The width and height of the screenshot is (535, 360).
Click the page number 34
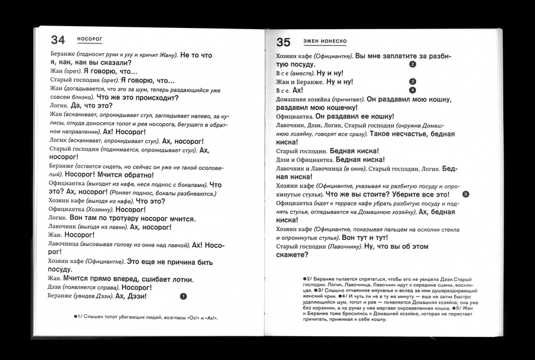tap(58, 40)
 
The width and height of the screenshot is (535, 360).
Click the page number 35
tap(283, 42)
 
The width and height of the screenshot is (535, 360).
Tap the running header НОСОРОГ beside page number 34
tap(90, 39)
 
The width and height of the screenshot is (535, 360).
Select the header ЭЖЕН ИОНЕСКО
tap(325, 41)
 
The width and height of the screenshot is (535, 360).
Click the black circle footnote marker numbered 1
tap(183, 296)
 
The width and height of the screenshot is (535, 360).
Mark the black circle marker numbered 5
tap(465, 194)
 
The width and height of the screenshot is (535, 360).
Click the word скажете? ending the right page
tap(292, 255)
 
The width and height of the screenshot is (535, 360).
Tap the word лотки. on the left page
tap(181, 279)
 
